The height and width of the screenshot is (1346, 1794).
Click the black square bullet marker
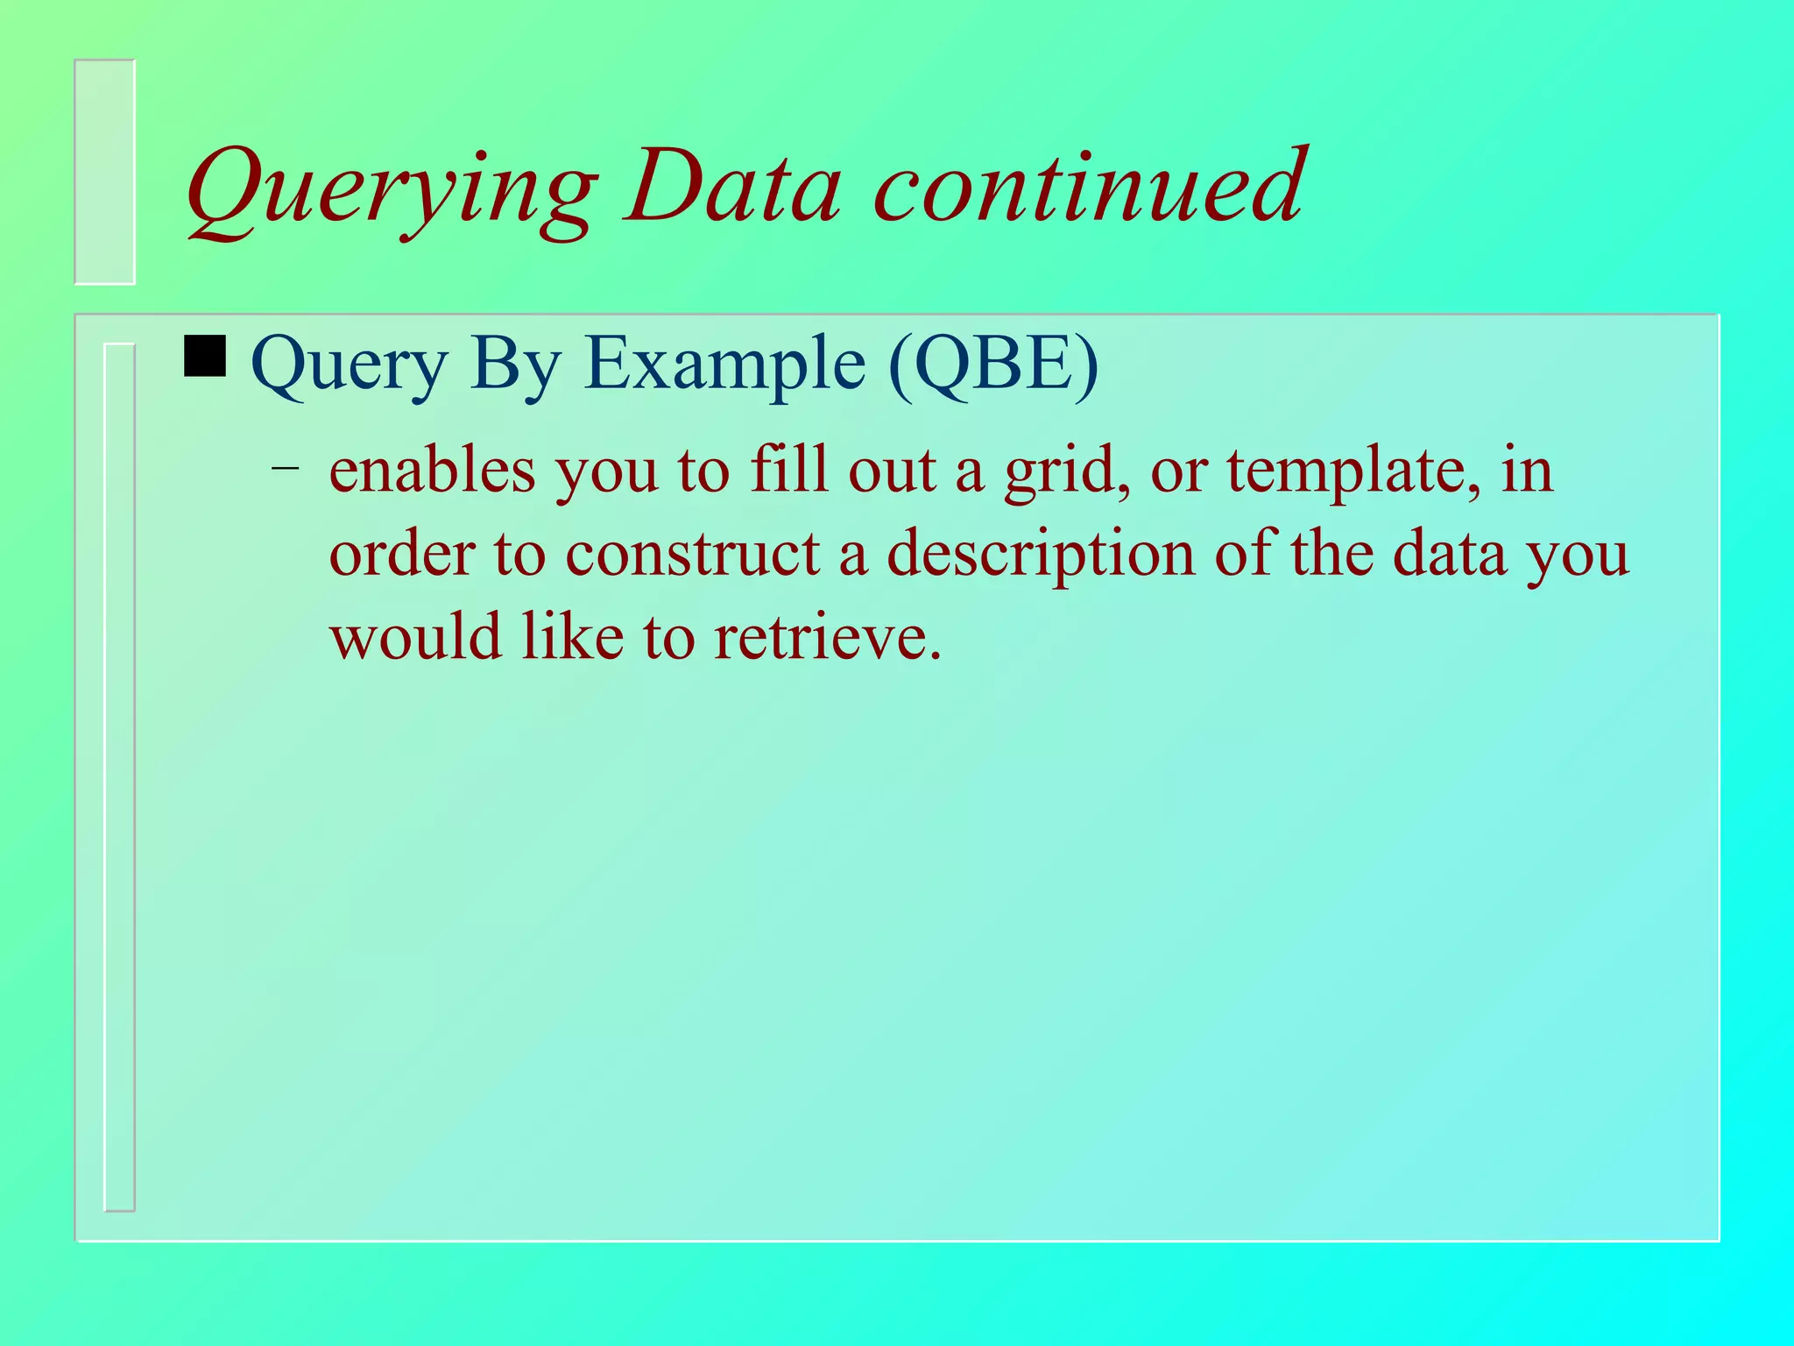tap(205, 357)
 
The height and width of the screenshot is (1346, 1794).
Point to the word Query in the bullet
tap(349, 365)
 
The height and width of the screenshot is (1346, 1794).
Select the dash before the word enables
tap(285, 468)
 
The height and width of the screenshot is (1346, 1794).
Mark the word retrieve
tap(827, 637)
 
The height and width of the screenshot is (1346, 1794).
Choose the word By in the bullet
tap(514, 365)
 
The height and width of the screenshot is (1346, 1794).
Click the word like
tap(572, 637)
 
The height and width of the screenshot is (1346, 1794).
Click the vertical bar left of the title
tap(105, 172)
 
